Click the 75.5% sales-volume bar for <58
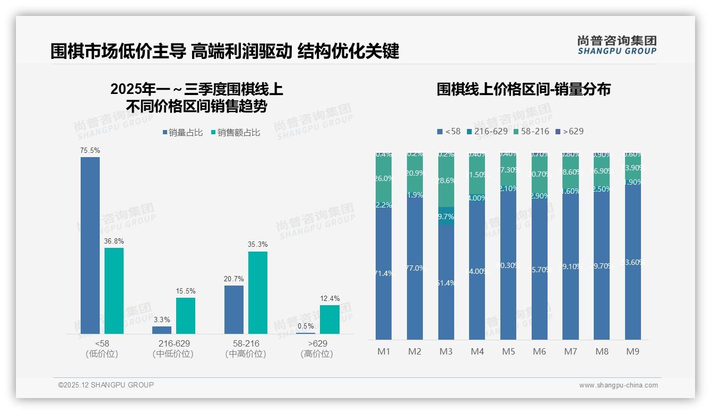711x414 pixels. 90,245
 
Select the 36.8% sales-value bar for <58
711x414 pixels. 114,291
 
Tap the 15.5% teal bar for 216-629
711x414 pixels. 186,316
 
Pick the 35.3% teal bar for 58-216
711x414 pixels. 258,292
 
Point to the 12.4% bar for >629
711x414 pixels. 330,320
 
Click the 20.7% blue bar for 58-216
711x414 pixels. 234,310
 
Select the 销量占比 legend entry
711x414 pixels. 183,133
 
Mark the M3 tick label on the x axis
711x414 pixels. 446,351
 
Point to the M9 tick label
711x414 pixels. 632,351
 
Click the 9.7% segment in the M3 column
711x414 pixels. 446,216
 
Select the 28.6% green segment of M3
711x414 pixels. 446,180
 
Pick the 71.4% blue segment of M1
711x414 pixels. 384,273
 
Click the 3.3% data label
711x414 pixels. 162,320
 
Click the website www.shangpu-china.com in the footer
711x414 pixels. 618,385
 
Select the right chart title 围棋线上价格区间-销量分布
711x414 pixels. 524,89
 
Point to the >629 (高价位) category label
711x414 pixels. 316,349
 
